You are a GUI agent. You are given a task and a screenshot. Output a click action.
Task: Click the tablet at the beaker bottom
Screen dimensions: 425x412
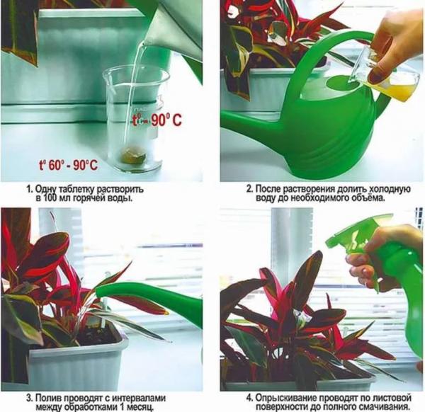pos(133,156)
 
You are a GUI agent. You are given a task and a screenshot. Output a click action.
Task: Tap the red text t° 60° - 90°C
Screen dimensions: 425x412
pos(68,164)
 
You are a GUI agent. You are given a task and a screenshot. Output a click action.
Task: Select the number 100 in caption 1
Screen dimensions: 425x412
pos(50,198)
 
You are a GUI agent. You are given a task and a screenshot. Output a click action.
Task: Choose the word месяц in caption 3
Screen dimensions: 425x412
pos(139,407)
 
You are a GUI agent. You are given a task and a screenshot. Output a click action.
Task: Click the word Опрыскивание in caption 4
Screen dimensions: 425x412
pos(286,398)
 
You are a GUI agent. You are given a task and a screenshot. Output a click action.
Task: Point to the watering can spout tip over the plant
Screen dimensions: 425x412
pos(98,292)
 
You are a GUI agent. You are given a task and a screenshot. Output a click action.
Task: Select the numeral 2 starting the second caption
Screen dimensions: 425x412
pos(249,189)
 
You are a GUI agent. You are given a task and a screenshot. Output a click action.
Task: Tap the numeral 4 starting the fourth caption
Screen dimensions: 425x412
pos(249,398)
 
